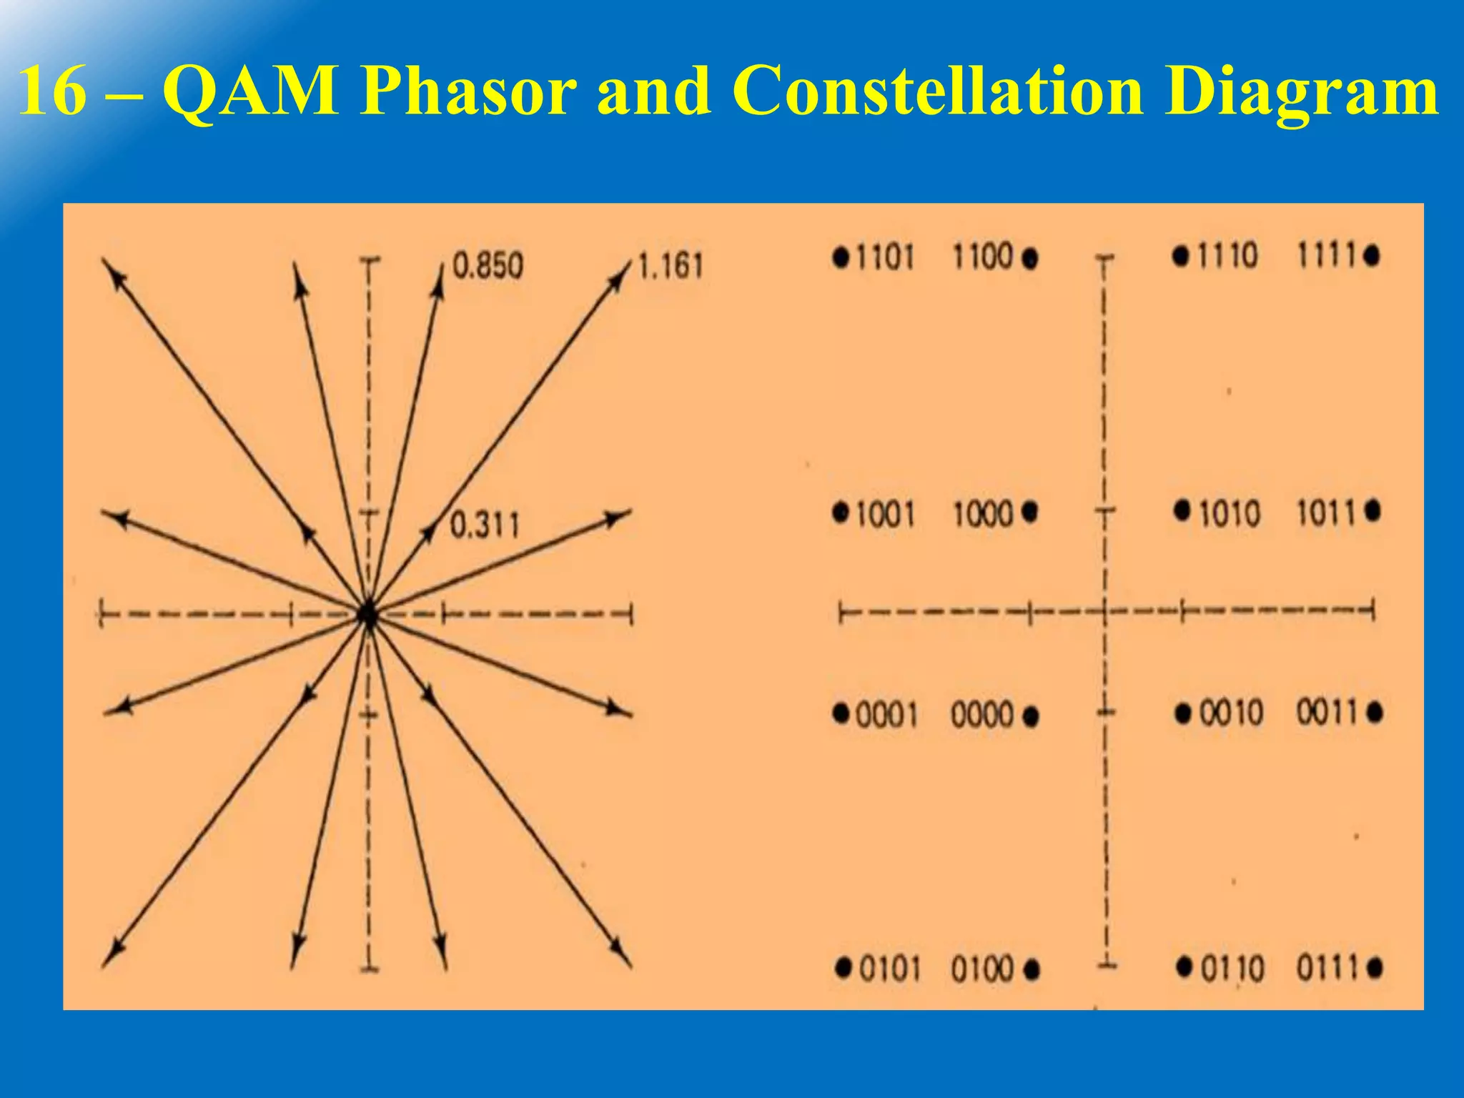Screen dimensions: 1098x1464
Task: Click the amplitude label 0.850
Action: (488, 266)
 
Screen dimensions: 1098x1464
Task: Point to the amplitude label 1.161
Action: (670, 266)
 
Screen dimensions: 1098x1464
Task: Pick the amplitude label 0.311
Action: (484, 525)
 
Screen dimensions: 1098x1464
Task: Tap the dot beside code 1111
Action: (1371, 256)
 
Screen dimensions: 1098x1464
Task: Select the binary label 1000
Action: (984, 514)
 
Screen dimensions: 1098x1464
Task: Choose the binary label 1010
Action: (1229, 514)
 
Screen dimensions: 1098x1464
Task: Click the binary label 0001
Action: (886, 714)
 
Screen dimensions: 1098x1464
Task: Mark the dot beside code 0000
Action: (1030, 716)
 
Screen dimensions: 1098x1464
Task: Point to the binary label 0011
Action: (1327, 713)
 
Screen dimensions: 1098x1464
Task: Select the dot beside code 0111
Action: (1374, 969)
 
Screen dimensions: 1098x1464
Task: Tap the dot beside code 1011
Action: (1372, 511)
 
